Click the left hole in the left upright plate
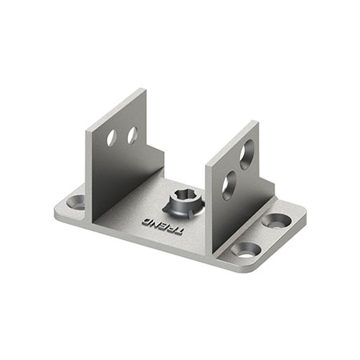click(x=111, y=138)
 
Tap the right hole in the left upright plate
click(x=132, y=135)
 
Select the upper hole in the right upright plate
click(x=246, y=154)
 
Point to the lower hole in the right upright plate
click(x=229, y=186)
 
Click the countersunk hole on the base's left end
click(x=76, y=202)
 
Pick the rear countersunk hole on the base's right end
click(x=276, y=221)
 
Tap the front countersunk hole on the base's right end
click(x=246, y=250)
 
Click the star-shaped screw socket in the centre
click(x=184, y=204)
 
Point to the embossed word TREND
click(x=162, y=226)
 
